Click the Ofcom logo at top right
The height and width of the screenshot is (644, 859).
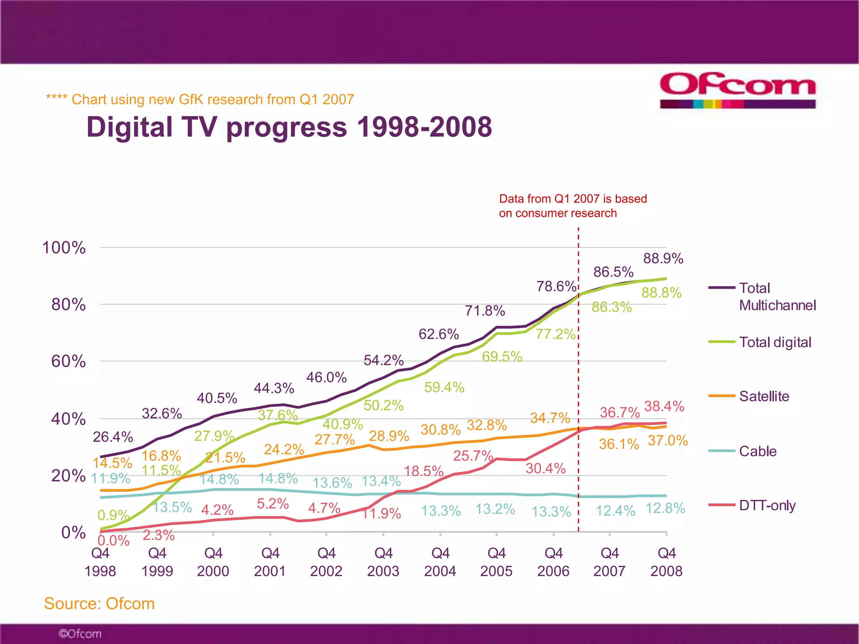coord(737,90)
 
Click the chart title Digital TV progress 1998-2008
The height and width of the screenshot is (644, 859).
coord(289,127)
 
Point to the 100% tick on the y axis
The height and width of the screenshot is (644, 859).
coord(64,247)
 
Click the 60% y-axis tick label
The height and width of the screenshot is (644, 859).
coord(68,361)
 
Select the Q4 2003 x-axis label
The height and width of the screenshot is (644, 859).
coord(383,562)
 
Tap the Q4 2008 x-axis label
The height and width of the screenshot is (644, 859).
coord(666,562)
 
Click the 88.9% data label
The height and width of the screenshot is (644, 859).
coord(663,258)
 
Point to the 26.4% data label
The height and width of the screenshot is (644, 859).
coord(113,437)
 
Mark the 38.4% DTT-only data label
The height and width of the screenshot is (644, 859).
coord(664,406)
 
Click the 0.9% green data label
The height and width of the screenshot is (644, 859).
coord(112,515)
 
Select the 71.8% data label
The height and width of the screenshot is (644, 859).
coord(485,311)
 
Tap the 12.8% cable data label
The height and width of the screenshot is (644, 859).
coord(665,508)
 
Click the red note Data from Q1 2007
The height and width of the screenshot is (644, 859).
coord(573,206)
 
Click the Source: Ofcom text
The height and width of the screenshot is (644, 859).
coord(99,603)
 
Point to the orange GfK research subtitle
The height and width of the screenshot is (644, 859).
coord(200,99)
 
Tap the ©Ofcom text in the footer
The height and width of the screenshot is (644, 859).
coord(80,634)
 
